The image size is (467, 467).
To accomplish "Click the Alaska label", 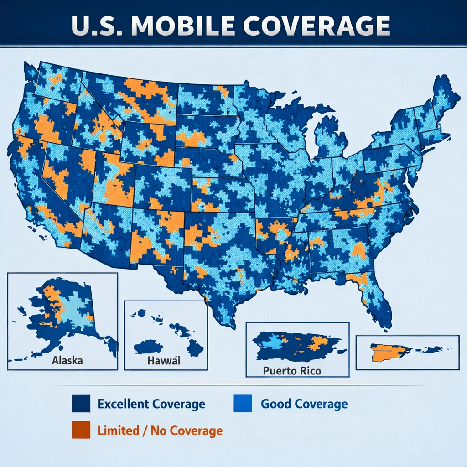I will click(67, 360).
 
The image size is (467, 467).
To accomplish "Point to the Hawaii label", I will click(164, 361).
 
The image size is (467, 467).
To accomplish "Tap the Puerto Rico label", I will click(292, 370).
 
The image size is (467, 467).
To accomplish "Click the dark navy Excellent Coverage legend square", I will click(79, 404).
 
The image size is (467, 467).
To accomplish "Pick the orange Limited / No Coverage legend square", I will click(79, 431).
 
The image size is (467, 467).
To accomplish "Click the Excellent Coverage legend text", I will click(151, 404).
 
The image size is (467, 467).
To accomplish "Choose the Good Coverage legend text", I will click(304, 404).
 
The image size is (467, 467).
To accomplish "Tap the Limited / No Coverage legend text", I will click(160, 431).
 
